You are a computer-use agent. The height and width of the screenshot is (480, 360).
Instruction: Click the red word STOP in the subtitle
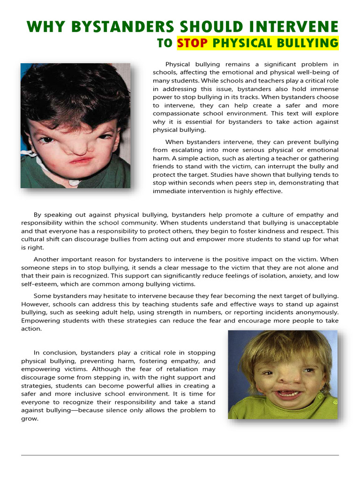point(193,43)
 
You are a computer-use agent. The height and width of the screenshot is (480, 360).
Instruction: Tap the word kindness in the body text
point(270,231)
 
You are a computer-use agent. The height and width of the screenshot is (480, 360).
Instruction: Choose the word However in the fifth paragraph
point(36,304)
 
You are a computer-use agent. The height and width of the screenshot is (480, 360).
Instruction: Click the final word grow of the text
point(30,419)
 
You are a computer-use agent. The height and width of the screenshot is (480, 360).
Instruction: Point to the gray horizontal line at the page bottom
point(180,455)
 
